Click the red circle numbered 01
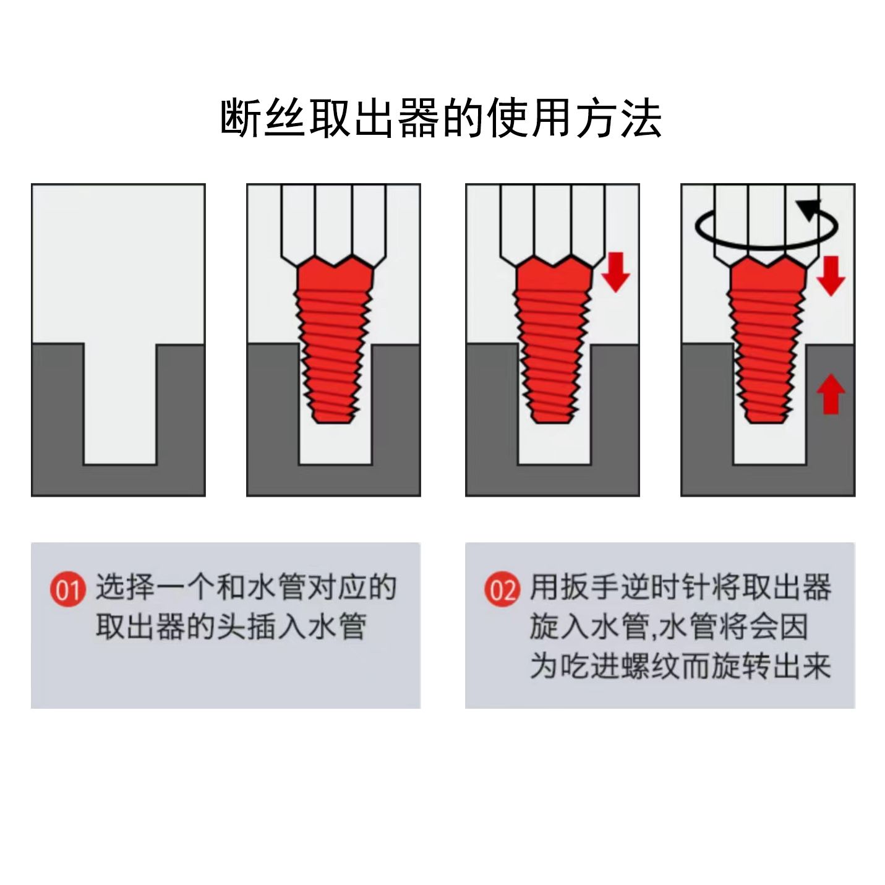tap(68, 590)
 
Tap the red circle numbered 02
tap(502, 589)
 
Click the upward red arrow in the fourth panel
tap(831, 394)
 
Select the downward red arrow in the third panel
tap(615, 272)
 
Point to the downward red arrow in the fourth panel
tap(831, 276)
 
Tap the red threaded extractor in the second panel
tap(333, 339)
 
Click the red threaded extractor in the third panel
tap(552, 339)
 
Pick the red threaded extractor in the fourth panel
tap(767, 339)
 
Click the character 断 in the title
tap(240, 118)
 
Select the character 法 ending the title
tap(641, 118)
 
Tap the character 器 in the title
tap(419, 118)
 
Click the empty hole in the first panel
tap(120, 404)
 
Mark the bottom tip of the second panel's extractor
tap(333, 423)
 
